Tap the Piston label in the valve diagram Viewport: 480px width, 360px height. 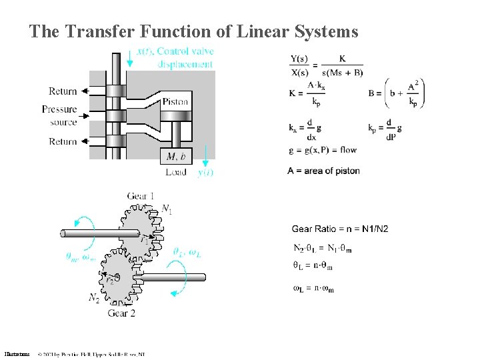(x=175, y=102)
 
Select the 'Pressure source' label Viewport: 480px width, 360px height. (x=59, y=115)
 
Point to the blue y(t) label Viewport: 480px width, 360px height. (x=205, y=173)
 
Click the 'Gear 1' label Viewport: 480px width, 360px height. (x=141, y=196)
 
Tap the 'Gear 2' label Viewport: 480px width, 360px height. (x=121, y=313)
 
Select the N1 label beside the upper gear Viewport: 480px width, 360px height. (x=167, y=211)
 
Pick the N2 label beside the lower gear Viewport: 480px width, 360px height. (x=95, y=298)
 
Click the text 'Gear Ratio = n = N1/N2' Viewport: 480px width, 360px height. (x=340, y=229)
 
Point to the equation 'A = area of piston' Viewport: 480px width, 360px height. (x=324, y=171)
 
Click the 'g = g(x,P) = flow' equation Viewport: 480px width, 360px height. (x=323, y=150)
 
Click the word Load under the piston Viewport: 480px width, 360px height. (x=176, y=172)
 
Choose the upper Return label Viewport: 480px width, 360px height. (x=63, y=91)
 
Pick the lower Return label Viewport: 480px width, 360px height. (x=63, y=141)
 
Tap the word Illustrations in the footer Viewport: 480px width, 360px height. (x=17, y=354)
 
